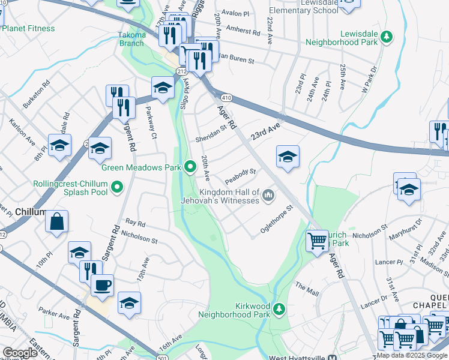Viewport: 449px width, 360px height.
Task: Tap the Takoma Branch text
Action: [x=131, y=39]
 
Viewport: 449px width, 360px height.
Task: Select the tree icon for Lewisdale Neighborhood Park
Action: [x=387, y=37]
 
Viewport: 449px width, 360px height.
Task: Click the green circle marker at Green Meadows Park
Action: [x=190, y=167]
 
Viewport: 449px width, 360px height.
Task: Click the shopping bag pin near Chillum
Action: [x=56, y=221]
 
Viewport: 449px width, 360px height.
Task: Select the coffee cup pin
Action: [x=102, y=285]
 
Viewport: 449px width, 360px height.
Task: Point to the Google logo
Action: [x=20, y=353]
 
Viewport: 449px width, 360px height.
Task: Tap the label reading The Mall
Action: [x=307, y=290]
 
